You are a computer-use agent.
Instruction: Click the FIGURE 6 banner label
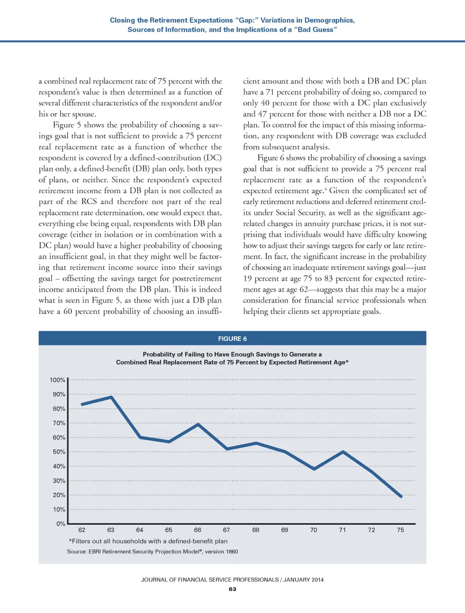coord(232,339)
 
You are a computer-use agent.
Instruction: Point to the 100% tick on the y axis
coord(58,380)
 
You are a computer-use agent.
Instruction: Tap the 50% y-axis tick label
coord(59,452)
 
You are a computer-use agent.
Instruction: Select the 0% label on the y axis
coord(61,523)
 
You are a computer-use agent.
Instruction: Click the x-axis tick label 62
coord(82,530)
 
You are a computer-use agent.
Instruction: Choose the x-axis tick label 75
coord(400,530)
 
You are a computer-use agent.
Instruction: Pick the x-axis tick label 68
coord(256,530)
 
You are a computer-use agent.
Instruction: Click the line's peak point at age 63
coord(111,397)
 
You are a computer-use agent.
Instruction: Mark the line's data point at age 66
coord(198,424)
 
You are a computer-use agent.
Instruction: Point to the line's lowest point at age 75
coord(401,496)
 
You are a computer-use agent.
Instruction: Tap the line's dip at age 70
coord(314,468)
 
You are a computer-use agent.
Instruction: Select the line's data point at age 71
coord(343,452)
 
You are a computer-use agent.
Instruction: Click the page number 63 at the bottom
coord(232,589)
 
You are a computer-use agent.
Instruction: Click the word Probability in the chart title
coord(159,354)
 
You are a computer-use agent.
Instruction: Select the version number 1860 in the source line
coord(232,551)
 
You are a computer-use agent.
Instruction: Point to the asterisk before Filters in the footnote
coord(70,541)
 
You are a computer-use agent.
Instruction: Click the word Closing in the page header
coord(122,20)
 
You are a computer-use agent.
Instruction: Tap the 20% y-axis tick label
coord(59,495)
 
